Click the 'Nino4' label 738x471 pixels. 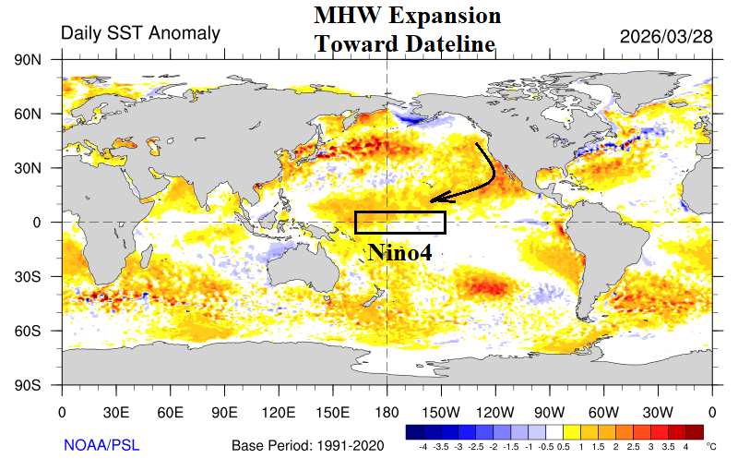pyautogui.click(x=400, y=251)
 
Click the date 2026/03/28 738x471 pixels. pyautogui.click(x=666, y=36)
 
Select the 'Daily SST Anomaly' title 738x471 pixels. pyautogui.click(x=140, y=34)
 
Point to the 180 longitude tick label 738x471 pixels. pyautogui.click(x=387, y=413)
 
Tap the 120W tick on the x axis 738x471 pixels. pyautogui.click(x=495, y=413)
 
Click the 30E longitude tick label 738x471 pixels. pyautogui.click(x=116, y=413)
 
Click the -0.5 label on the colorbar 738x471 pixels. pyautogui.click(x=545, y=446)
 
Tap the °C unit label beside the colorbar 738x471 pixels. pyautogui.click(x=710, y=445)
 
